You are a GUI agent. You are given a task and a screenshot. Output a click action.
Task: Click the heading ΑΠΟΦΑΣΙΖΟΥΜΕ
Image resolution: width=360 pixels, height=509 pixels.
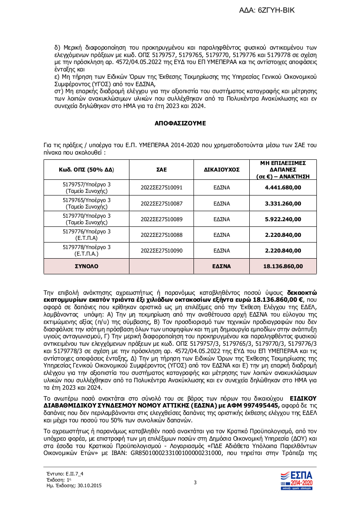(x=180, y=123)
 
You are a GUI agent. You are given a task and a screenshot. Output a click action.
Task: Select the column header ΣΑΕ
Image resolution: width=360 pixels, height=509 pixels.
(x=161, y=170)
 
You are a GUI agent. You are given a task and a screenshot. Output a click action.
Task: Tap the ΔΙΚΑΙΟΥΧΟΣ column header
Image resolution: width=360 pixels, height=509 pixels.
(x=222, y=170)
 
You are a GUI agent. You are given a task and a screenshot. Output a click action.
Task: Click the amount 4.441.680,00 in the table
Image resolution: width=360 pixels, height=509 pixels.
(x=283, y=188)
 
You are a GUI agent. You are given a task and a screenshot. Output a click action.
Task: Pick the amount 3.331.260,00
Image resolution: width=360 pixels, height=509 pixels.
(x=283, y=203)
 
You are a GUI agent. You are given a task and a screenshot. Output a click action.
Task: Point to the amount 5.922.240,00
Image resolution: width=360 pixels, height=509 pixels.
(x=283, y=219)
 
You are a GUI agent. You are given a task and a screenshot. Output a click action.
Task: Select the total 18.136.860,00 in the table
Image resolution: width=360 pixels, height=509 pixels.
(x=283, y=266)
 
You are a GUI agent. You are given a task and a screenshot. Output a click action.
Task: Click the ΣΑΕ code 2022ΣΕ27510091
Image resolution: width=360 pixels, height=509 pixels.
(x=161, y=188)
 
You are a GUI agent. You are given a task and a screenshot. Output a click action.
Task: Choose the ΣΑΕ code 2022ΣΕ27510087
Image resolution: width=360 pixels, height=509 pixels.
(x=161, y=203)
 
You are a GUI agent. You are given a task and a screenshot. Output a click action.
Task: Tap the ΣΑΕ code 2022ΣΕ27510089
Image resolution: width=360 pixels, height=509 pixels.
(x=161, y=219)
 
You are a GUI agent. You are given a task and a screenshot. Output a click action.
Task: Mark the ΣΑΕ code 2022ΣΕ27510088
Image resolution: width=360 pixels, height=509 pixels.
(x=161, y=235)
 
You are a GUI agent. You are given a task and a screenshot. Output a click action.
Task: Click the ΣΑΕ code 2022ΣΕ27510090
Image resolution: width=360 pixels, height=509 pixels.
(x=161, y=250)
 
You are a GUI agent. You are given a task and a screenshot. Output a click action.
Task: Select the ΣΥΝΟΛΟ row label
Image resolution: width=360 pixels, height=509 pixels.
(x=87, y=266)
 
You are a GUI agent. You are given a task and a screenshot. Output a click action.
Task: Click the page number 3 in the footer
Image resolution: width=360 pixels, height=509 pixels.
(x=195, y=482)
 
